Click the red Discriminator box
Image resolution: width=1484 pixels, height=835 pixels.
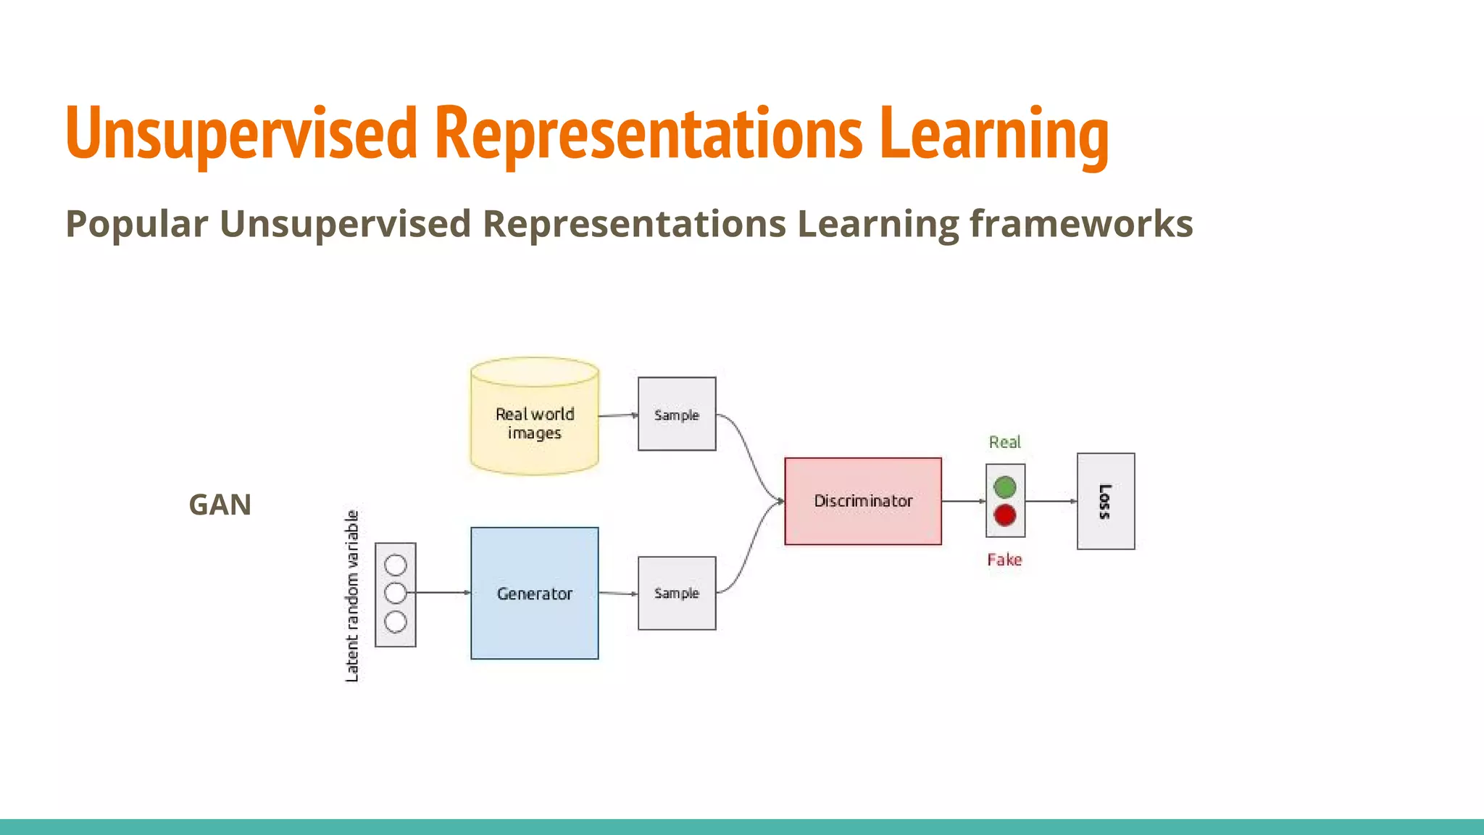tap(862, 501)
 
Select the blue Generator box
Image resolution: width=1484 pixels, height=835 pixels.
tap(534, 593)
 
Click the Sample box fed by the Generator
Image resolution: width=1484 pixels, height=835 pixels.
tap(676, 593)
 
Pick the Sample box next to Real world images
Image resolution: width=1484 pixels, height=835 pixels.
tap(676, 414)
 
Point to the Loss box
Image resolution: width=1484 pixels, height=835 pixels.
tap(1105, 501)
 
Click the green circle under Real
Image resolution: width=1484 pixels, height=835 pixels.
tap(1004, 487)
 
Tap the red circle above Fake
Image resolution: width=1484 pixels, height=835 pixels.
tap(1004, 515)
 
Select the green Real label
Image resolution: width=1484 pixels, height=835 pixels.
tap(1004, 442)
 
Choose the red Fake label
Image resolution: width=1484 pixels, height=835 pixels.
tap(1004, 560)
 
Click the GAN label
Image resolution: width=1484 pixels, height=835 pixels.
tap(220, 504)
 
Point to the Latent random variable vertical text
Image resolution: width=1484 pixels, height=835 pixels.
tap(352, 596)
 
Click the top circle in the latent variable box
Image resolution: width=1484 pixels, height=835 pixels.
tap(396, 565)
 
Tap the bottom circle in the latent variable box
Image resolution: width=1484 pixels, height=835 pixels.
tap(396, 622)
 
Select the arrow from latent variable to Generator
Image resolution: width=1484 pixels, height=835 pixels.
tap(442, 593)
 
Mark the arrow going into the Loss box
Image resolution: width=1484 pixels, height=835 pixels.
tap(1051, 501)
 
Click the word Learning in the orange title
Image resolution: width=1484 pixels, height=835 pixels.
tap(993, 134)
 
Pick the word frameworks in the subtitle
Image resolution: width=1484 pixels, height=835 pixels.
tap(1081, 223)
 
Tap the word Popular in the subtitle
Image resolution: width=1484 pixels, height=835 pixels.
tap(137, 223)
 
